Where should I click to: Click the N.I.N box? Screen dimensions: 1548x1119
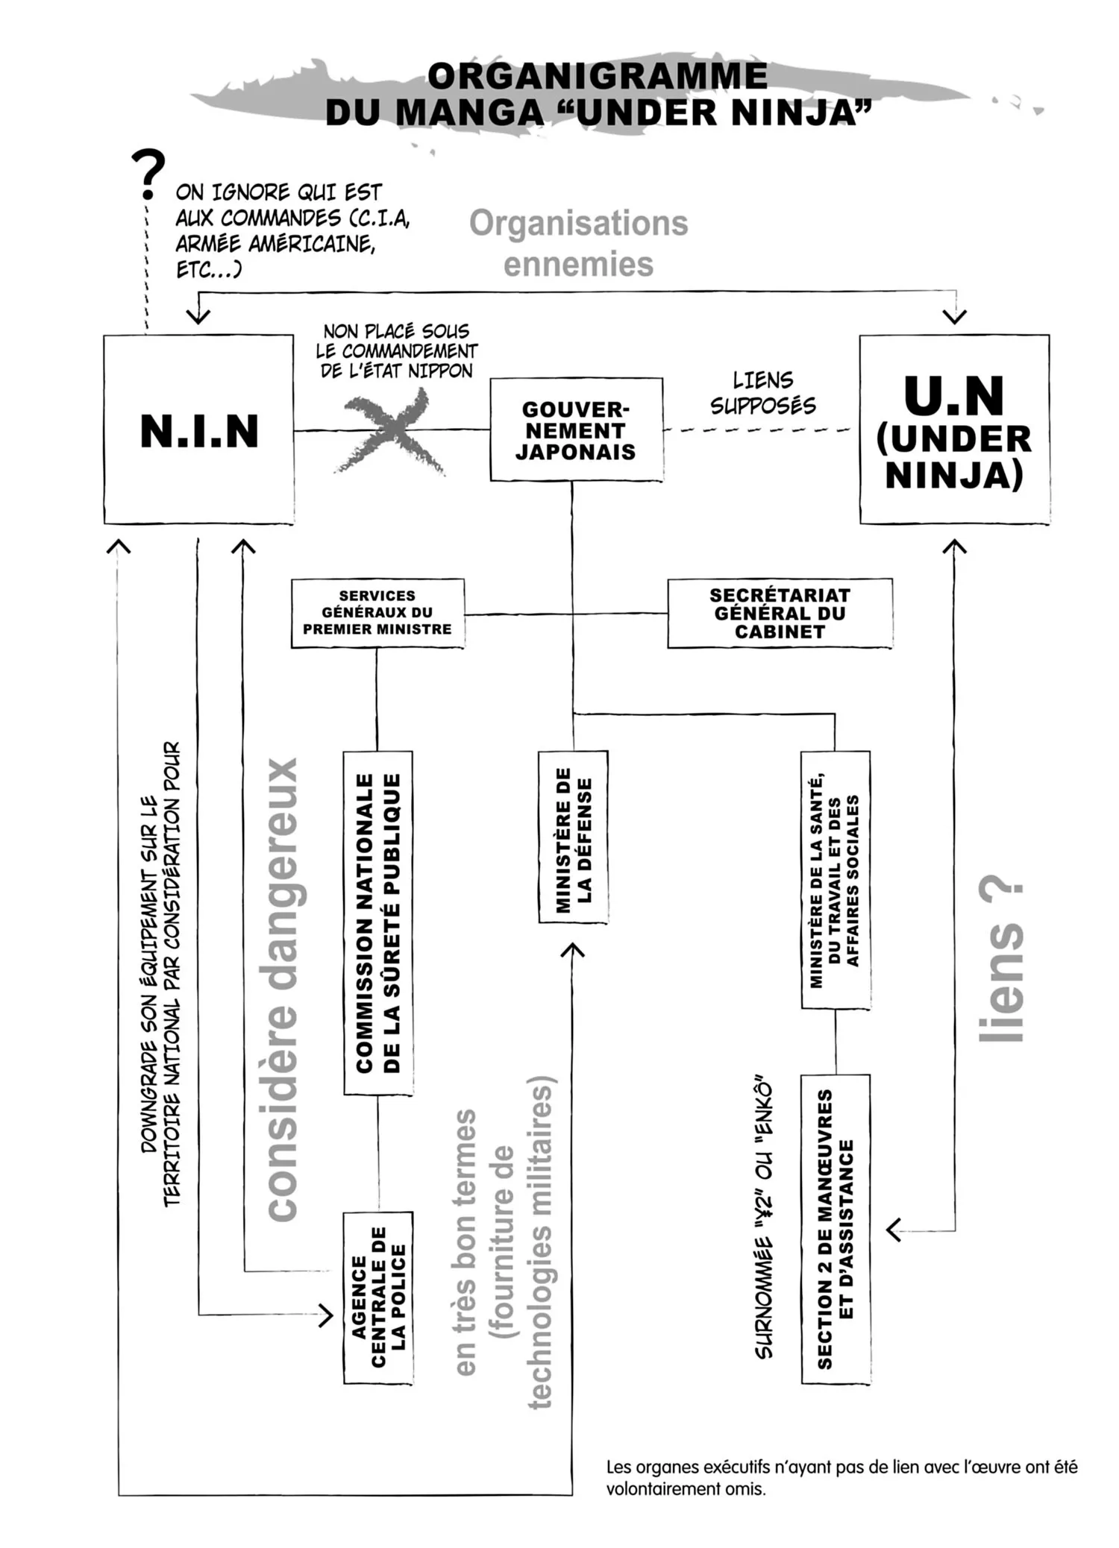pyautogui.click(x=198, y=430)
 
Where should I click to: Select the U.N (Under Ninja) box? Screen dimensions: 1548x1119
pyautogui.click(x=954, y=430)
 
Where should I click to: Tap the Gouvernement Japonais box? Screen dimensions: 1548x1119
pyautogui.click(x=576, y=430)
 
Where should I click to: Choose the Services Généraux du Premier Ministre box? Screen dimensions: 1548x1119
pyautogui.click(x=377, y=612)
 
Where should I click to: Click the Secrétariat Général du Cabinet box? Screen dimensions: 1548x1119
pyautogui.click(x=780, y=613)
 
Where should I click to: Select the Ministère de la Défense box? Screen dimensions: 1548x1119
pyautogui.click(x=573, y=837)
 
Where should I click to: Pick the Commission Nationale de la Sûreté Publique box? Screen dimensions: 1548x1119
pyautogui.click(x=378, y=922)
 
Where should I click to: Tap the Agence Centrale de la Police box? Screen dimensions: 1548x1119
pyautogui.click(x=378, y=1298)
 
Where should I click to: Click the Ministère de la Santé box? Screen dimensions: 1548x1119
pyautogui.click(x=836, y=880)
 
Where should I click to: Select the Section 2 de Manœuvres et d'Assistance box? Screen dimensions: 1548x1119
pyautogui.click(x=836, y=1229)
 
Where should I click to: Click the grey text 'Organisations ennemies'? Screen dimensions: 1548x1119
pyautogui.click(x=578, y=243)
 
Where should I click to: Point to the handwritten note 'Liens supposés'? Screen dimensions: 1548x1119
pyautogui.click(x=762, y=393)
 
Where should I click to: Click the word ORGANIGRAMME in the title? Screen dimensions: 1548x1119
pyautogui.click(x=598, y=76)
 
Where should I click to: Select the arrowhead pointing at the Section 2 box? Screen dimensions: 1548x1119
pyautogui.click(x=893, y=1230)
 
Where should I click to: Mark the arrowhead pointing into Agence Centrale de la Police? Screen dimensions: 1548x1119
pyautogui.click(x=327, y=1315)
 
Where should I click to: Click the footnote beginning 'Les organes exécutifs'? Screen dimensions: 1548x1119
pyautogui.click(x=841, y=1478)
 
